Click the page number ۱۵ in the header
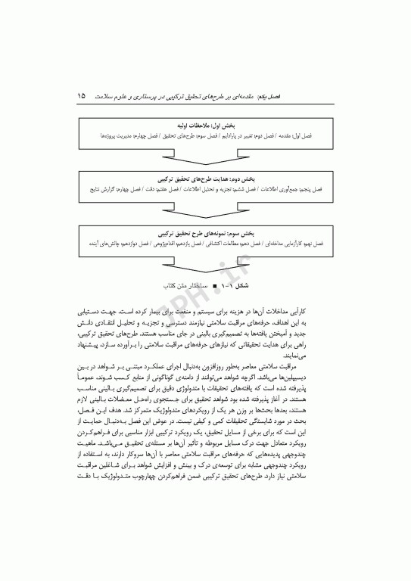(82, 98)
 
